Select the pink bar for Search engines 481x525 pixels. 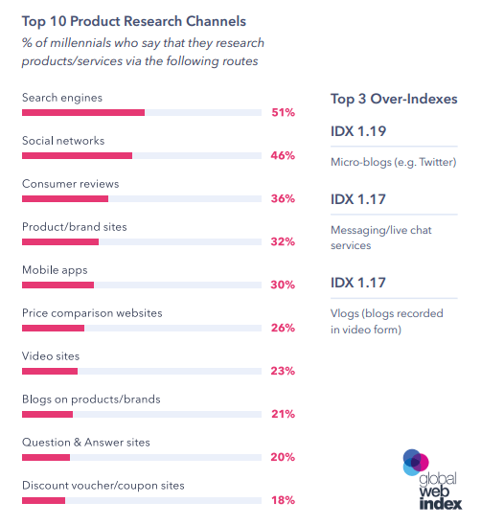82,112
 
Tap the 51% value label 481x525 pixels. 282,112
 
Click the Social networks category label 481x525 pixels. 63,141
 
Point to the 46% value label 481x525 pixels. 282,155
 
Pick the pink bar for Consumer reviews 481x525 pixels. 64,198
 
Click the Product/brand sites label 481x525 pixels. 74,227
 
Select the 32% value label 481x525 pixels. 282,241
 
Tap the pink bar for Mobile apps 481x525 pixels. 57,285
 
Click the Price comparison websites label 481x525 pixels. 92,313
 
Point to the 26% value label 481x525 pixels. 282,328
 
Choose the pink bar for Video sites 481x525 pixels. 49,371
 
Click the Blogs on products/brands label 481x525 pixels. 91,399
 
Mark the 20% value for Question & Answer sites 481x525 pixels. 282,457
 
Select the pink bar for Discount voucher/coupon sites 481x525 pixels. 43,500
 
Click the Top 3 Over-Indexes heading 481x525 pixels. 393,99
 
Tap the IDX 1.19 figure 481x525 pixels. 358,131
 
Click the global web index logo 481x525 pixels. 430,476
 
